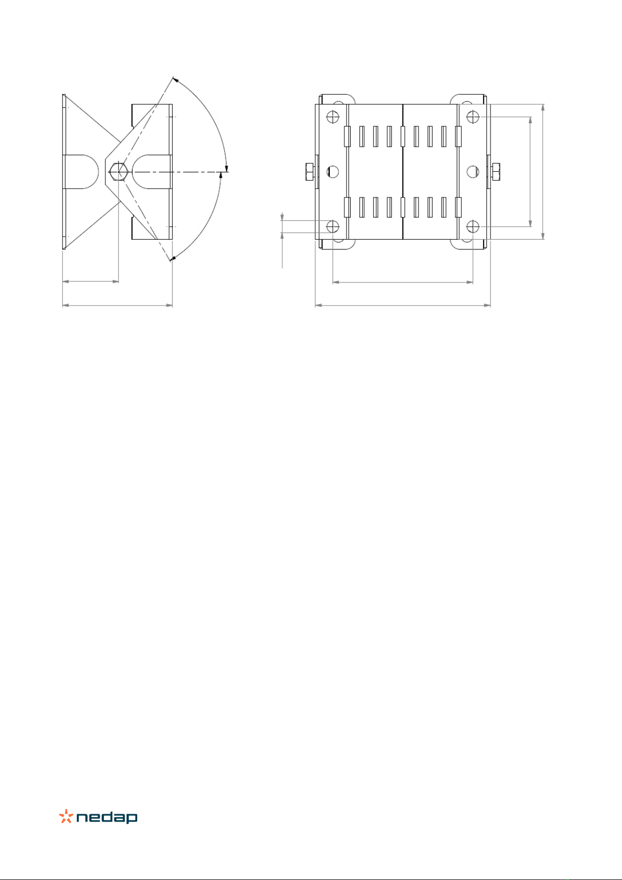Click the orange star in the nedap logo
point(66,816)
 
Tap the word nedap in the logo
point(107,817)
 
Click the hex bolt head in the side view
point(118,172)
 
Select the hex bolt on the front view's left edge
point(310,172)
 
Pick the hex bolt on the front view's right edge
point(495,172)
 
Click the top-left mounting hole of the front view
point(333,116)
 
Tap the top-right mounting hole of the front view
point(472,116)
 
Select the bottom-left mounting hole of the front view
point(333,226)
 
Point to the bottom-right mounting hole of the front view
point(472,226)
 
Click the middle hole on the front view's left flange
point(333,172)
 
